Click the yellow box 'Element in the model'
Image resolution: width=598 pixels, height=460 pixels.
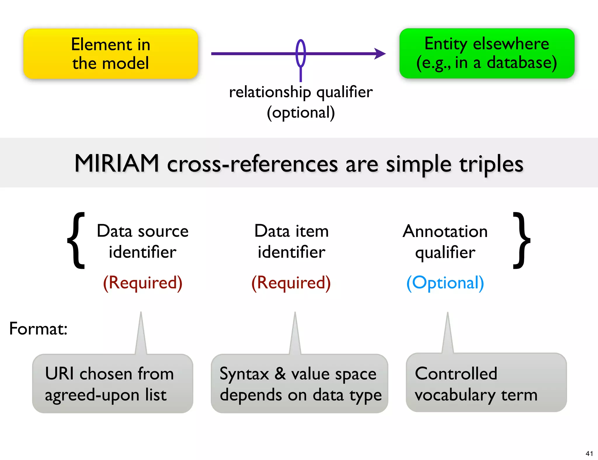point(111,54)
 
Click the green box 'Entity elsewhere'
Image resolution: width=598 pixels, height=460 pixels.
point(487,53)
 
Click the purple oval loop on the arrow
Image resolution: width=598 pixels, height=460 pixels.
point(301,53)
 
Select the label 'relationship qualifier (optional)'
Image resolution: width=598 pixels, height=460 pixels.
point(301,102)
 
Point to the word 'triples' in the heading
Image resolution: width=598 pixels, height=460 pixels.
point(491,164)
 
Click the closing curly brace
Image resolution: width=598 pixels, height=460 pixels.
point(521,241)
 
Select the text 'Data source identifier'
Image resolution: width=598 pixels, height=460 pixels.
point(142,241)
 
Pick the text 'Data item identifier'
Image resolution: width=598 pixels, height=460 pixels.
point(291,241)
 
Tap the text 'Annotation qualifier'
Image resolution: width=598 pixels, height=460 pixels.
point(445,241)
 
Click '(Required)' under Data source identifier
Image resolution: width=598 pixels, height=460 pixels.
point(142,283)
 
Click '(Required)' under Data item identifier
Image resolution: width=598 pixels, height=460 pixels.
point(291,283)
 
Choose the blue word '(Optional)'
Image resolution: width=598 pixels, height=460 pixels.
point(445,283)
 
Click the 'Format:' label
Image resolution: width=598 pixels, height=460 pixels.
point(38,329)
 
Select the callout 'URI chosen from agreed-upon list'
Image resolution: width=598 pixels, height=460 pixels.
point(112,384)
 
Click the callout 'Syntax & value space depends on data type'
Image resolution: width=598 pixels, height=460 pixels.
point(300,384)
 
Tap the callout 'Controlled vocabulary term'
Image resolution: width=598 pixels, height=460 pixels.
point(486,383)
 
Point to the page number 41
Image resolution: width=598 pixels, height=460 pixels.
point(589,454)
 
